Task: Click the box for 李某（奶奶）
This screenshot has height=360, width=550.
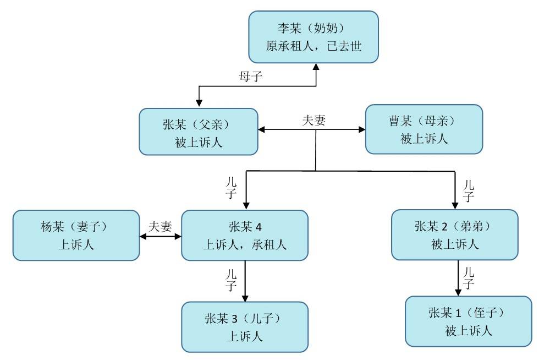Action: (313, 37)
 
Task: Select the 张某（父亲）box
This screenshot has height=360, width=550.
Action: (199, 132)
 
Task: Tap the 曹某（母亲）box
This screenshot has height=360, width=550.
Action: (424, 129)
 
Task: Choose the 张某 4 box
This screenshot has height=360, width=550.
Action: (245, 234)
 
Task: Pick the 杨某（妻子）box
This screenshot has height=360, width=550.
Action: (76, 235)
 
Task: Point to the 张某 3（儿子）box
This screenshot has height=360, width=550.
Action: (245, 327)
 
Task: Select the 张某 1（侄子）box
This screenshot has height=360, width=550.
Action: (469, 321)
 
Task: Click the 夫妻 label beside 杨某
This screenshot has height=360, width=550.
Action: (160, 226)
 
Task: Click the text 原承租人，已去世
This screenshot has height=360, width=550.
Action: (313, 46)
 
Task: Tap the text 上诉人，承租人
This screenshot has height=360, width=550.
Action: (245, 244)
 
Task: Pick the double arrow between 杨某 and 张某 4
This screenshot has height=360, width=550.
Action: (160, 237)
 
